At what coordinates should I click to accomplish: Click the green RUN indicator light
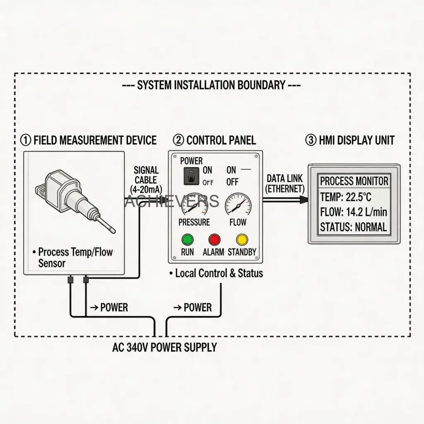click(188, 239)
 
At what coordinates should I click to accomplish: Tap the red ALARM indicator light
click(214, 239)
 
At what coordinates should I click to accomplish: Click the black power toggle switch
click(190, 176)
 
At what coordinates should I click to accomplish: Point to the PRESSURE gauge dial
click(194, 204)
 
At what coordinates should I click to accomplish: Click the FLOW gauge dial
click(238, 204)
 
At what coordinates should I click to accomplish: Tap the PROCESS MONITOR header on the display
click(354, 181)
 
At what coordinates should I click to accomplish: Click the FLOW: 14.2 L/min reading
click(354, 212)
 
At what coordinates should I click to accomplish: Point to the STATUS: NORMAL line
click(354, 227)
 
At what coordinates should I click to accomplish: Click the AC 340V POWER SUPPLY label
click(164, 347)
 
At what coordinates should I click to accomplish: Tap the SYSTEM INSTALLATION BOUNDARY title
click(212, 85)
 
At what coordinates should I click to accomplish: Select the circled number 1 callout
click(26, 140)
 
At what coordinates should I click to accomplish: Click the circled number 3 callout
click(311, 140)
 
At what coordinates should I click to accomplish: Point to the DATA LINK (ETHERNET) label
click(285, 183)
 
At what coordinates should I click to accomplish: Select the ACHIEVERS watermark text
click(171, 201)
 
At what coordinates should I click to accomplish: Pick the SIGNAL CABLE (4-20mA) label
click(146, 179)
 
